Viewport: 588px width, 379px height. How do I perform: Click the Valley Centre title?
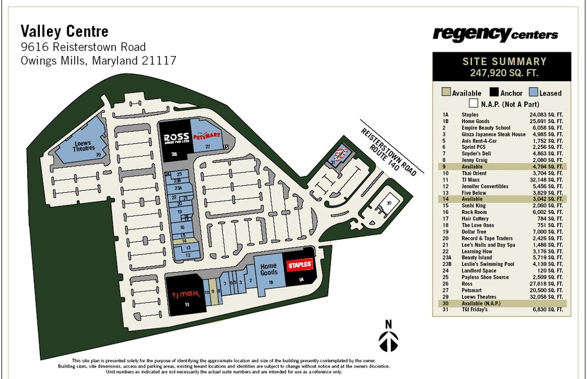pos(64,30)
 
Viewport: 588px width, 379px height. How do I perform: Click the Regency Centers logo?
pos(495,34)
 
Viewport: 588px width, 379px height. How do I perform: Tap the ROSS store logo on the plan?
pos(175,139)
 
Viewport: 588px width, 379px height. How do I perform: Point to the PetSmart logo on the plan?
pos(207,137)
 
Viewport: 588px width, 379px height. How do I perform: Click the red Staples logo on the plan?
pos(299,264)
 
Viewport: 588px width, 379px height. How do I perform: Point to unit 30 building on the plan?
pos(388,203)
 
